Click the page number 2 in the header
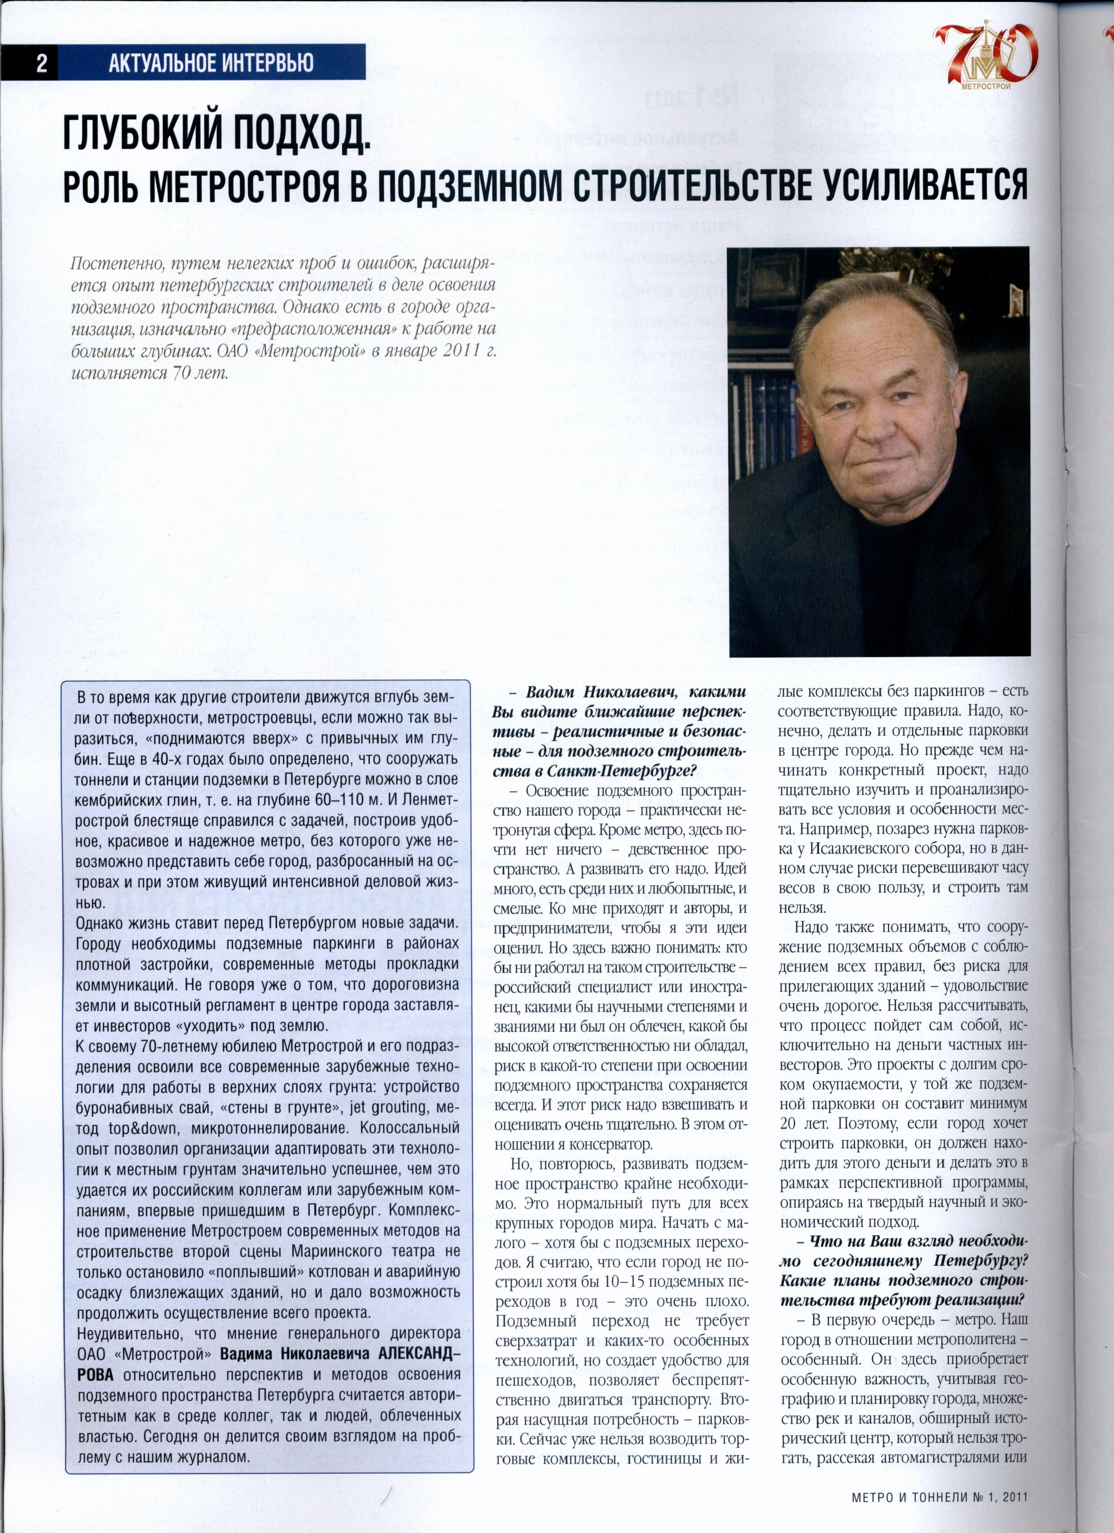(42, 63)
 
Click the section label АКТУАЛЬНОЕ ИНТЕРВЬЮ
(211, 63)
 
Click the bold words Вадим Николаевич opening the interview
(601, 692)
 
